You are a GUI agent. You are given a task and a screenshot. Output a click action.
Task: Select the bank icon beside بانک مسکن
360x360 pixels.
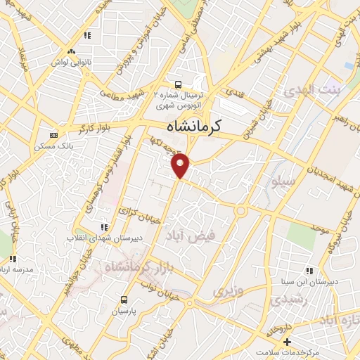[53, 135]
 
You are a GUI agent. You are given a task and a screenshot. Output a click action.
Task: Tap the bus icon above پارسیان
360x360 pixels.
[124, 298]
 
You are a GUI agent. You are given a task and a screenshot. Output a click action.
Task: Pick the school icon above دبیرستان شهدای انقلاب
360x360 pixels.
[104, 227]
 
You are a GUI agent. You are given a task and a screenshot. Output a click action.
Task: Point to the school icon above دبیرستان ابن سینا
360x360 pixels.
[309, 270]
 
